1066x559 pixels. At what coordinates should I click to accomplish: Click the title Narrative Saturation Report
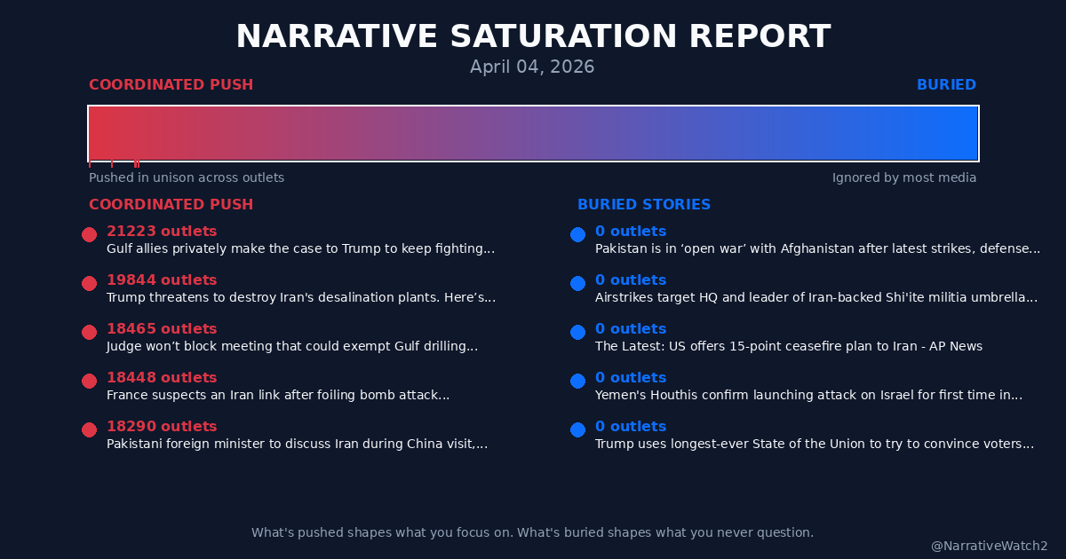pyautogui.click(x=533, y=37)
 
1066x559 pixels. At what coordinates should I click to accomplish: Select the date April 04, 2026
pyautogui.click(x=532, y=67)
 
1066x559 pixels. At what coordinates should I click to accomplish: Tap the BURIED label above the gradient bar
pyautogui.click(x=946, y=85)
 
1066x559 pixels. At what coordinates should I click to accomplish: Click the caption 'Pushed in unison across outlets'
pyautogui.click(x=187, y=177)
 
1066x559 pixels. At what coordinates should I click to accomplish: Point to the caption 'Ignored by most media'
pyautogui.click(x=903, y=177)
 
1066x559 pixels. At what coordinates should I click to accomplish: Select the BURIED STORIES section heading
pyautogui.click(x=644, y=205)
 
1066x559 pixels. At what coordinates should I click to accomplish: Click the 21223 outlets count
pyautogui.click(x=162, y=232)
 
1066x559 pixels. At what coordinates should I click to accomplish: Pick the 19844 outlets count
pyautogui.click(x=162, y=280)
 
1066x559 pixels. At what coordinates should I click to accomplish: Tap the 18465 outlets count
pyautogui.click(x=162, y=329)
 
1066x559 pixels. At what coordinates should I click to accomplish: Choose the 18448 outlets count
pyautogui.click(x=162, y=378)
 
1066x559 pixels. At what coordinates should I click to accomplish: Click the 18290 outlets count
pyautogui.click(x=162, y=427)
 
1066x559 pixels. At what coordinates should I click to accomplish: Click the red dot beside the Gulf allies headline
pyautogui.click(x=89, y=234)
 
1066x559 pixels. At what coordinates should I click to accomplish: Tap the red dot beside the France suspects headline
pyautogui.click(x=89, y=381)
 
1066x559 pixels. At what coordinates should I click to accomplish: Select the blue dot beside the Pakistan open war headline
pyautogui.click(x=577, y=234)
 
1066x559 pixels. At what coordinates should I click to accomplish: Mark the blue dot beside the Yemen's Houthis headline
pyautogui.click(x=577, y=381)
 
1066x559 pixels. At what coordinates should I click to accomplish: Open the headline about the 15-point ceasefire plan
pyautogui.click(x=788, y=347)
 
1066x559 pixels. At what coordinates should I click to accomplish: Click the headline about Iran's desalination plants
pyautogui.click(x=301, y=298)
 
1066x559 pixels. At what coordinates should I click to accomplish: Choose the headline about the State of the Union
pyautogui.click(x=814, y=445)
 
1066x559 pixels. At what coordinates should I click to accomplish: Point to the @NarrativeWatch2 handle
pyautogui.click(x=989, y=547)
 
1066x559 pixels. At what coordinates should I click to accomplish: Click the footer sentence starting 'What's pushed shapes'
pyautogui.click(x=532, y=532)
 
